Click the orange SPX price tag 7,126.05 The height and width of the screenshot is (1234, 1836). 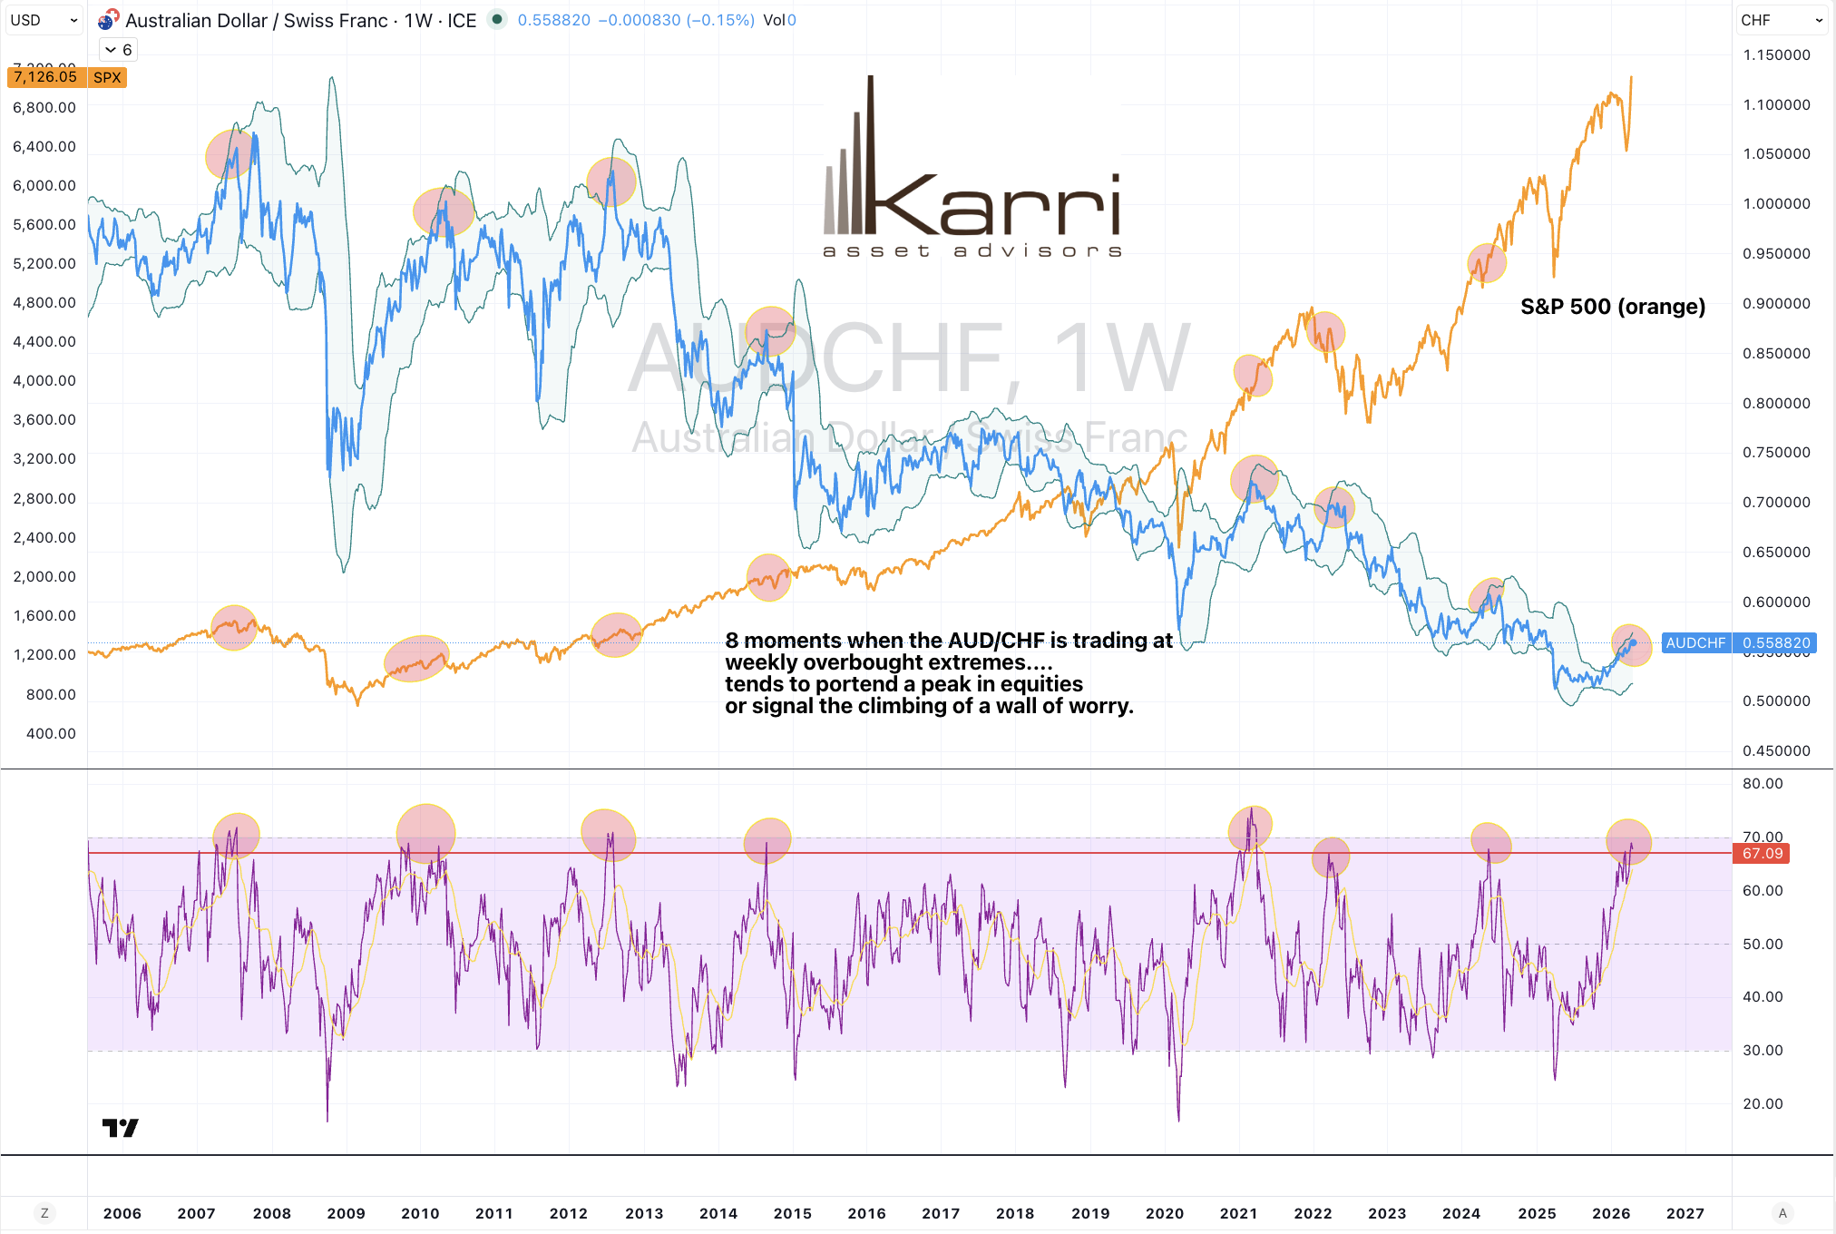pos(46,77)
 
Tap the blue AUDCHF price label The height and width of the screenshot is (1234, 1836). pos(1695,642)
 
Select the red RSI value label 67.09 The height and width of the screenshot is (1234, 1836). pos(1762,853)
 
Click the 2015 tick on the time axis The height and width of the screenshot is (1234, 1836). pos(792,1213)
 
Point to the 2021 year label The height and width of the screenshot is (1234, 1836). pos(1238,1213)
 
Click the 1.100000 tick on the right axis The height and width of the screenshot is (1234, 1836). pos(1776,104)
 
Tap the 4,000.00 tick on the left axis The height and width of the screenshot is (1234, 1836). pos(44,380)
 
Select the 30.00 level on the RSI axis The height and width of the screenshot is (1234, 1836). pos(1763,1050)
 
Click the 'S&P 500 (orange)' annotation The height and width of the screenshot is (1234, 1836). pos(1612,307)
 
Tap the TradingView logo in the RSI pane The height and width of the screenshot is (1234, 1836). pos(120,1127)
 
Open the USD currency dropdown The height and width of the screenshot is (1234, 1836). pos(44,20)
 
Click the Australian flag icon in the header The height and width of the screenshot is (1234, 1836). pos(108,20)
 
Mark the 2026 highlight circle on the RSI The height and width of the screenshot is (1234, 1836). pos(1628,841)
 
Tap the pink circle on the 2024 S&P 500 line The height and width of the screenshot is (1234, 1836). pos(1486,263)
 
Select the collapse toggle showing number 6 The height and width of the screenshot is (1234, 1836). pos(118,50)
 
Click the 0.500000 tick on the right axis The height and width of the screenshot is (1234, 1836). pos(1776,700)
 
